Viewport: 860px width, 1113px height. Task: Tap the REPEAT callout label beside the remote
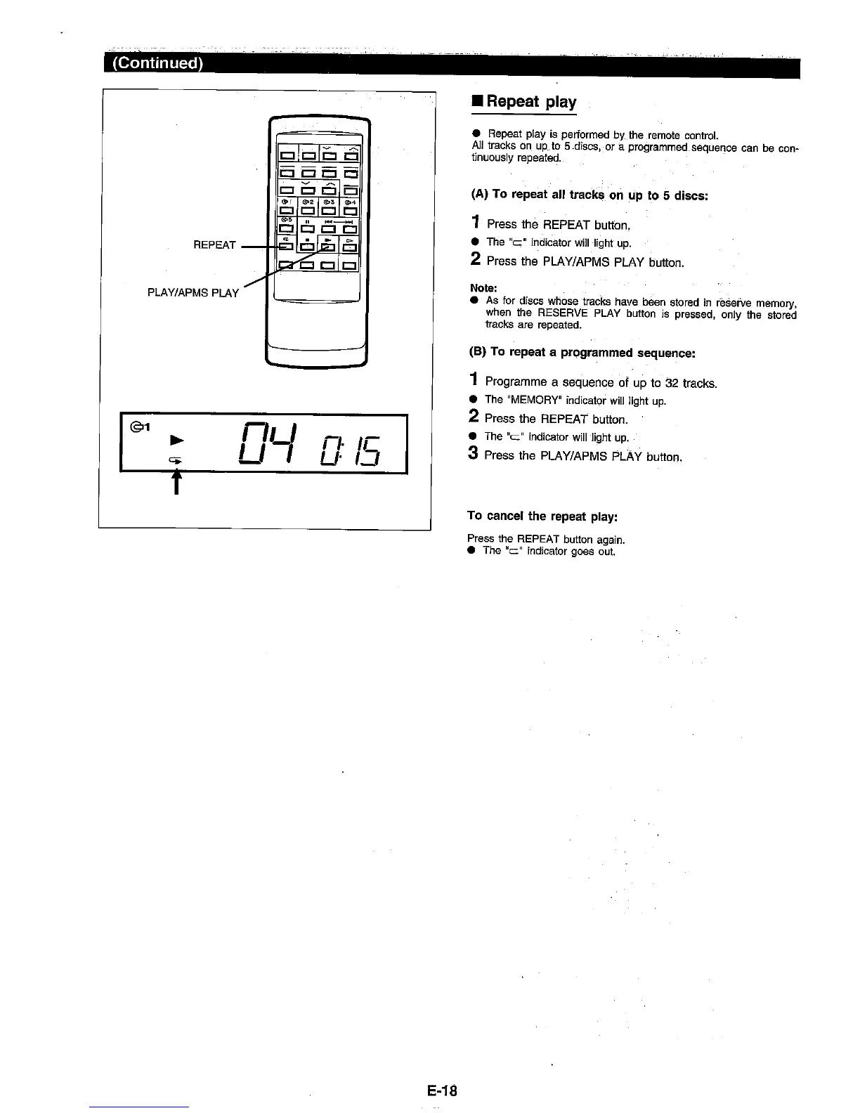tap(214, 245)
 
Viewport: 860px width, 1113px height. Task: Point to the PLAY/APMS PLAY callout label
tap(193, 292)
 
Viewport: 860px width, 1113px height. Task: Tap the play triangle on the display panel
tap(178, 440)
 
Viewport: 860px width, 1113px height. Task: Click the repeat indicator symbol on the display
tap(176, 459)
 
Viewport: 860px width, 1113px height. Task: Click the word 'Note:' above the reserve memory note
tap(483, 288)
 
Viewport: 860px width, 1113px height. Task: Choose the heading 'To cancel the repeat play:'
tap(542, 516)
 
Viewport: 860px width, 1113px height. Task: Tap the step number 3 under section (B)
tap(474, 455)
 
